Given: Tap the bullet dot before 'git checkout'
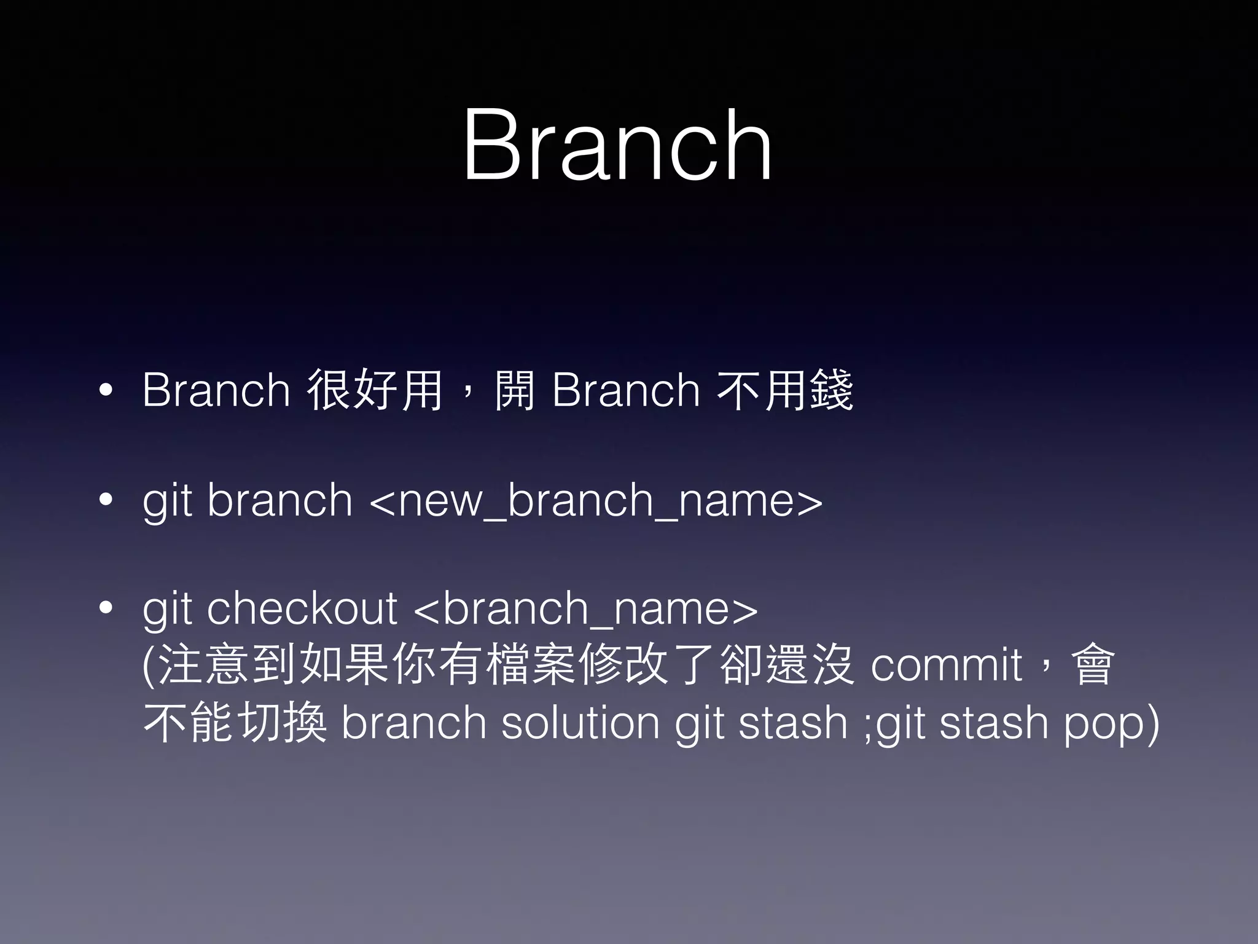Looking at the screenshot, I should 106,608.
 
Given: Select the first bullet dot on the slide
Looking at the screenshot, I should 106,390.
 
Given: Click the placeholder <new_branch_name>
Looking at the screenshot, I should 596,501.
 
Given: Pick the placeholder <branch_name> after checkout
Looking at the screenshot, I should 586,609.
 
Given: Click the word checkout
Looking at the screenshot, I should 302,608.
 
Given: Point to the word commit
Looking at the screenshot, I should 947,665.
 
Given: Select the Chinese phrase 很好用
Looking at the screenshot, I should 375,390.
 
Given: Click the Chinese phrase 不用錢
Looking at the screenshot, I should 785,390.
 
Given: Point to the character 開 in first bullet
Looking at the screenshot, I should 515,390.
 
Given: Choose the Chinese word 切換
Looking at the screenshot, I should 281,722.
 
